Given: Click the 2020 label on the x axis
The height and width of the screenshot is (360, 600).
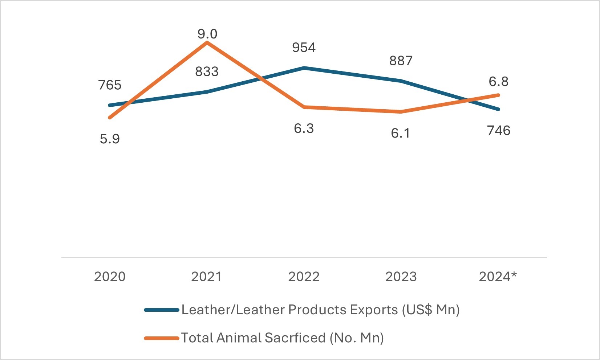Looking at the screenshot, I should (110, 277).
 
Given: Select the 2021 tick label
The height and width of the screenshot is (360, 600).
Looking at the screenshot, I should (206, 277).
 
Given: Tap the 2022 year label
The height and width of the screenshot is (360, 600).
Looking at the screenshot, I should (304, 277).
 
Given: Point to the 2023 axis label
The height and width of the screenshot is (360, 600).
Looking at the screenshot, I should (401, 277).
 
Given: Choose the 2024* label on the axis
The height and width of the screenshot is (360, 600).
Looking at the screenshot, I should (498, 277).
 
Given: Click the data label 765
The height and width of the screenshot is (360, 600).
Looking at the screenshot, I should (110, 85).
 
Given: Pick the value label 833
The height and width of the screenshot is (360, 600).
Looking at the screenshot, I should (207, 71).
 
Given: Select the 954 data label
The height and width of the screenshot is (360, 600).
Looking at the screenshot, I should (304, 47).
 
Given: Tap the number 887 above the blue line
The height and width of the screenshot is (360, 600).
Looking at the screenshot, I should (401, 61).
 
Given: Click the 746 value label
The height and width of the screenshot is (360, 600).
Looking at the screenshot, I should (499, 130).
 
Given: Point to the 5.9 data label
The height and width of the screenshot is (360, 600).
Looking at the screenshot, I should (110, 139).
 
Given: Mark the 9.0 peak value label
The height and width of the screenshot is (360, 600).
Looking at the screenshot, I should (207, 34).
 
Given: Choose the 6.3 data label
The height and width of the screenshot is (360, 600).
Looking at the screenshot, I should (304, 128).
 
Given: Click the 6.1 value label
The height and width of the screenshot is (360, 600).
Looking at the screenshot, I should (401, 133).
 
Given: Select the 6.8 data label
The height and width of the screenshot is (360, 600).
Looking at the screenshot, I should (499, 81).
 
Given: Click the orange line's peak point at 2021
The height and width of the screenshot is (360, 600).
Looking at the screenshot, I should (207, 42).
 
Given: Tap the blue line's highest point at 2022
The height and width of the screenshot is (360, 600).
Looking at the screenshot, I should (304, 68).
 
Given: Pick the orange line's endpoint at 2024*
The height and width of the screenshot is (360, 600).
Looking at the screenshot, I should (499, 95).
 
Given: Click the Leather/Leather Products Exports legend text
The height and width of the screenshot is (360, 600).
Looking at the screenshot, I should (320, 310).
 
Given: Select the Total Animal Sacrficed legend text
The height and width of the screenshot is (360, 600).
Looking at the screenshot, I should (282, 338).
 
